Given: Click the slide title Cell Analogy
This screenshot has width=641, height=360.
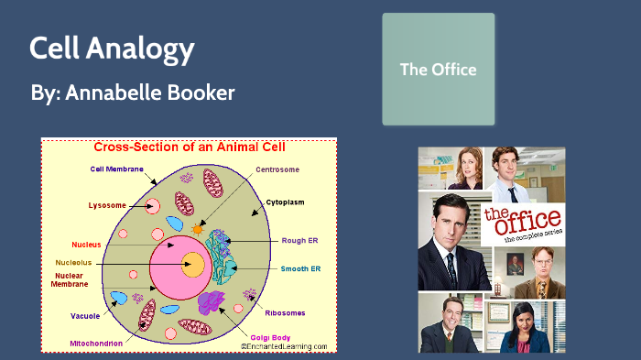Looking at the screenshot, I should click(x=112, y=49).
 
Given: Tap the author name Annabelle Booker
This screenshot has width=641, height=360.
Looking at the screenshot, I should click(x=133, y=93).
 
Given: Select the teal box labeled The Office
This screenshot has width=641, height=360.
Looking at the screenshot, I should click(x=438, y=69).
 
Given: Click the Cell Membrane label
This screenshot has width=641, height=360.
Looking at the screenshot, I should click(x=117, y=169).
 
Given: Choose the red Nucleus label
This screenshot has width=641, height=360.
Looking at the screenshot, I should click(x=87, y=245).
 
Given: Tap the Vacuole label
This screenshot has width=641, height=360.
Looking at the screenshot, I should click(x=87, y=316).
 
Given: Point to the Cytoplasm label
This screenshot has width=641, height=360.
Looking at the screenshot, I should click(x=286, y=201).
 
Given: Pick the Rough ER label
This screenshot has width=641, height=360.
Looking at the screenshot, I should click(x=303, y=240).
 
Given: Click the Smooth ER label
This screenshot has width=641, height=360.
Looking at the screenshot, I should click(x=302, y=268).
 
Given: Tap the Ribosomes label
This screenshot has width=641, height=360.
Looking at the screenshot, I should click(x=286, y=313).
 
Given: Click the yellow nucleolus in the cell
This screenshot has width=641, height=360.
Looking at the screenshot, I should click(x=192, y=266).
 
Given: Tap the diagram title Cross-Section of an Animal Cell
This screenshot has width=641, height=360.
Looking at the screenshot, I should click(x=190, y=147).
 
